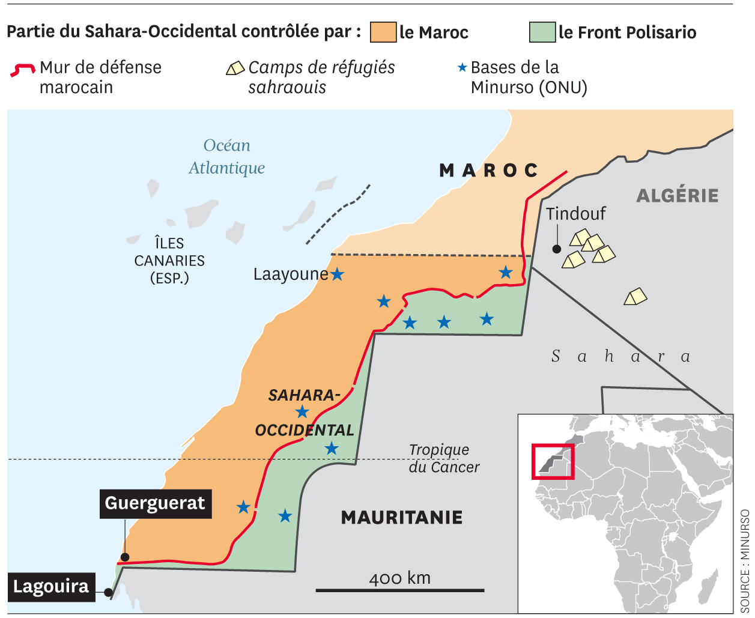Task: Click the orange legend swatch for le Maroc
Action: (x=383, y=32)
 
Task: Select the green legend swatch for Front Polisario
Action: (x=542, y=32)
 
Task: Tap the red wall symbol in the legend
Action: (x=23, y=69)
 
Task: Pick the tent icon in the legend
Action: (x=235, y=68)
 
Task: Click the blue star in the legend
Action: (x=462, y=67)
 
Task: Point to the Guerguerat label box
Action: (x=155, y=503)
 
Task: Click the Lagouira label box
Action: (x=51, y=586)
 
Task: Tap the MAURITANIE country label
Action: (x=401, y=517)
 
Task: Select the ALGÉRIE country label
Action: (x=677, y=195)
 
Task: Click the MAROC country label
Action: (x=489, y=171)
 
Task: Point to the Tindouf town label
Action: (x=575, y=213)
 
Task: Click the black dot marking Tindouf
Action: (x=557, y=249)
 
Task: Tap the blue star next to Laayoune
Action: (x=338, y=274)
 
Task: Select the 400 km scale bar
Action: (x=399, y=590)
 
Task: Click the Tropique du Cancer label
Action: (x=444, y=458)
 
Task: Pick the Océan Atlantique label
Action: (x=226, y=157)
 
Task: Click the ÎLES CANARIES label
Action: (x=169, y=261)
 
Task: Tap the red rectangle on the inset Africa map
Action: (x=553, y=461)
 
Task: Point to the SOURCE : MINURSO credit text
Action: (x=745, y=561)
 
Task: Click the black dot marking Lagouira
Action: (x=108, y=593)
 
